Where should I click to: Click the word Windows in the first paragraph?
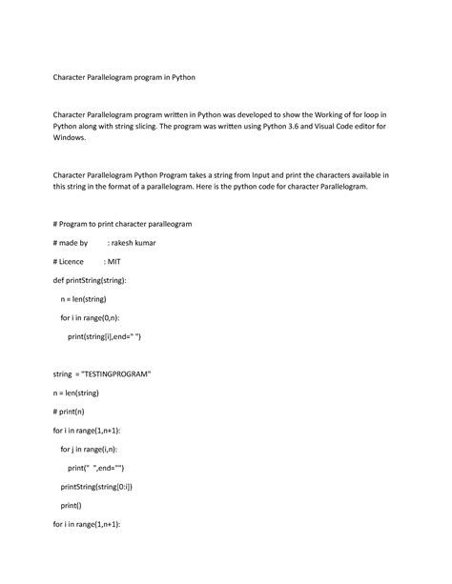pyautogui.click(x=72, y=137)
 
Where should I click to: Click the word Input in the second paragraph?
pyautogui.click(x=281, y=175)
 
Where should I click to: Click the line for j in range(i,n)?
pyautogui.click(x=96, y=449)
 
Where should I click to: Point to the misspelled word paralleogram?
pyautogui.click(x=164, y=225)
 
